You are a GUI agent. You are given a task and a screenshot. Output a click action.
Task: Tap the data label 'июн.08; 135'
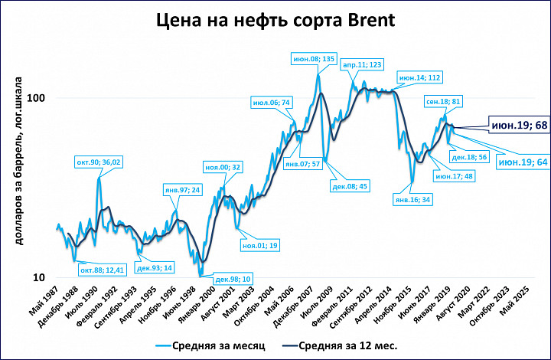tap(315, 58)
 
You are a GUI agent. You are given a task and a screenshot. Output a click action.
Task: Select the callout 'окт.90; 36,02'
tap(97, 162)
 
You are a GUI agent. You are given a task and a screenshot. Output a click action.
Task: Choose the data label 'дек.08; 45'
tap(349, 185)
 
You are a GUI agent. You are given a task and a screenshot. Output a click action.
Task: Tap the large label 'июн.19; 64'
tap(522, 162)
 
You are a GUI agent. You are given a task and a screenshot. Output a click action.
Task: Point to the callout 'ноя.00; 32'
tap(223, 167)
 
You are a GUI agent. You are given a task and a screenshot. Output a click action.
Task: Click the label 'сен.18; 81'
tap(444, 100)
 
